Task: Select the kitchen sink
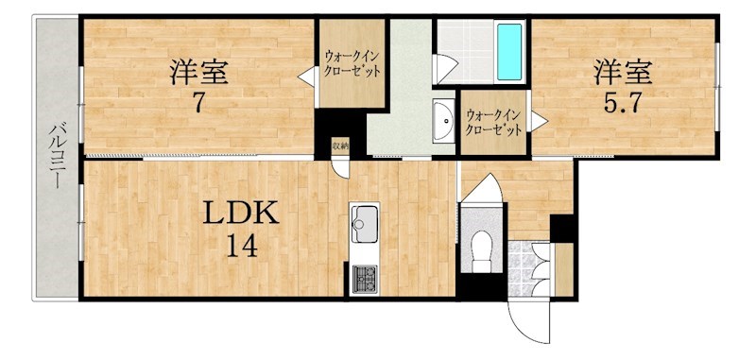pyautogui.click(x=365, y=224)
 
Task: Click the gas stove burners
pyautogui.click(x=365, y=279)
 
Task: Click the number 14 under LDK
pyautogui.click(x=242, y=248)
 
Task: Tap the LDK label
pyautogui.click(x=241, y=213)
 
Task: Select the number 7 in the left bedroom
pyautogui.click(x=198, y=103)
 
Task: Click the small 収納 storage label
pyautogui.click(x=340, y=145)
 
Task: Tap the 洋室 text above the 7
pyautogui.click(x=198, y=74)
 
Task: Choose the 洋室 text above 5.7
pyautogui.click(x=623, y=73)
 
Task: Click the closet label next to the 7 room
pyautogui.click(x=352, y=63)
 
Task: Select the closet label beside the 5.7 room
pyautogui.click(x=492, y=123)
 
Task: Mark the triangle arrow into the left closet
pyautogui.click(x=305, y=77)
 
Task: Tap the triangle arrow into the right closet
pyautogui.click(x=539, y=121)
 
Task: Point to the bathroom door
pyautogui.click(x=444, y=68)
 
